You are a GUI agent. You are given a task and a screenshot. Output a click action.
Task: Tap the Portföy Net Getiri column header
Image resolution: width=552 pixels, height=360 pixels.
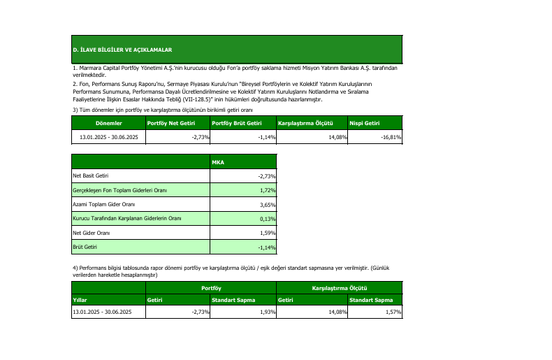(172, 123)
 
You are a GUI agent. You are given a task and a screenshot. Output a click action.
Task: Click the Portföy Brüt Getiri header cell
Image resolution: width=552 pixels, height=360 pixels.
(237, 123)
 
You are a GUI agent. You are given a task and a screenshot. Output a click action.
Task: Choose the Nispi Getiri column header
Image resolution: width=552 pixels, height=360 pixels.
(365, 123)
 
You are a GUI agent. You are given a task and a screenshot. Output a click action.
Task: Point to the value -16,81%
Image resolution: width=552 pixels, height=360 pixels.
(390, 137)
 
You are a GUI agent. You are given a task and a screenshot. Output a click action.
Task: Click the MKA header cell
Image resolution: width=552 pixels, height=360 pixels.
(218, 162)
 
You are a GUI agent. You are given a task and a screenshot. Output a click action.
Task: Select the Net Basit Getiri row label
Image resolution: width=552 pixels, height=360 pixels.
(91, 176)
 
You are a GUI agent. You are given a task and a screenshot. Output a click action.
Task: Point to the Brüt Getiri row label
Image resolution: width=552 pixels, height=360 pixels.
(86, 247)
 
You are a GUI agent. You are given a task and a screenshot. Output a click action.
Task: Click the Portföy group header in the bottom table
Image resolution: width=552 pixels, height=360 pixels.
(212, 287)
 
